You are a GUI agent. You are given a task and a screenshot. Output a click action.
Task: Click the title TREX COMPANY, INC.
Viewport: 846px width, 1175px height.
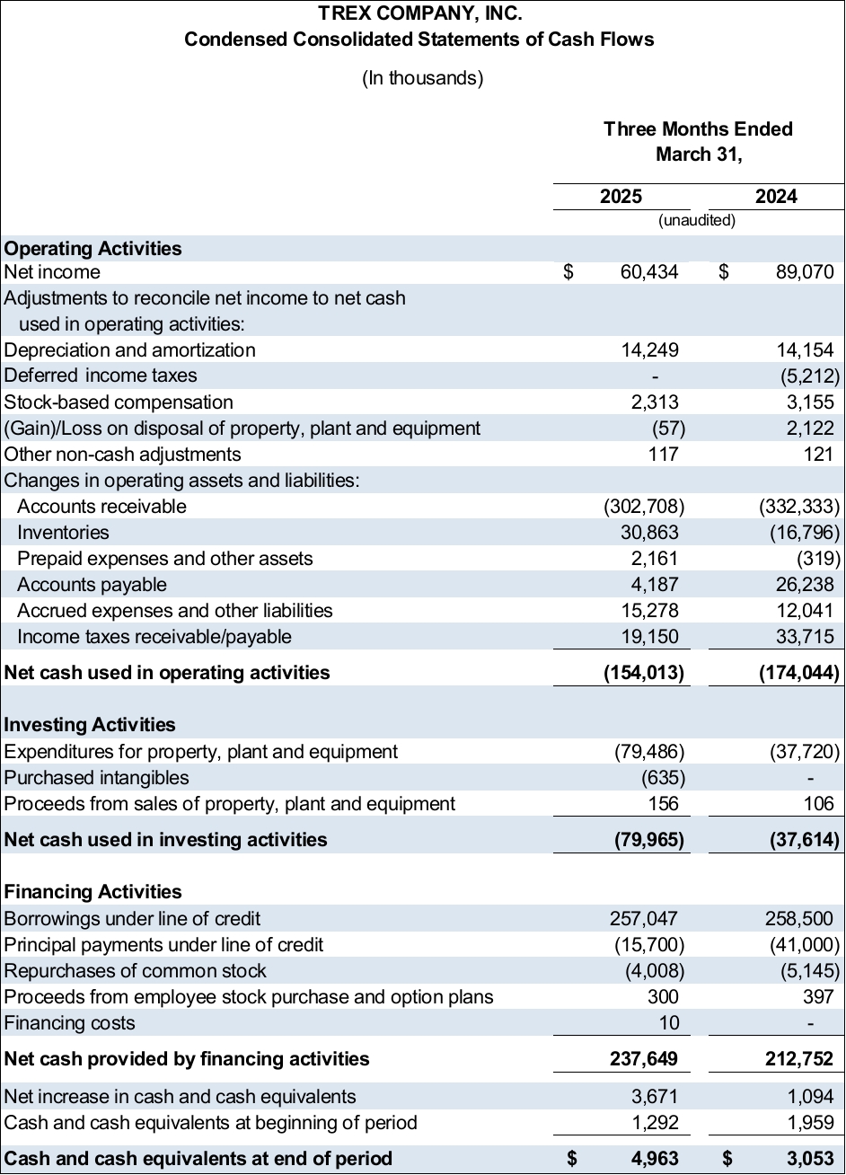[419, 13]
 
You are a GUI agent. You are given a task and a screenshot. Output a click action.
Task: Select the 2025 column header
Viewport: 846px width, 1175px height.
[621, 197]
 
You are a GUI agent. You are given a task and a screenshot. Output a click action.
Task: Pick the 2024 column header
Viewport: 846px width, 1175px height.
[776, 197]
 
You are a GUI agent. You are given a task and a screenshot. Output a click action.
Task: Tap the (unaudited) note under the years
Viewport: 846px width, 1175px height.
[697, 220]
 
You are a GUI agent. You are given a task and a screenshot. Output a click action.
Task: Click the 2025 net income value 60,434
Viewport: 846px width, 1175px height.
[649, 272]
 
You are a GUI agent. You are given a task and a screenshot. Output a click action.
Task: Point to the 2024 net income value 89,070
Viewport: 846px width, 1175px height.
[805, 272]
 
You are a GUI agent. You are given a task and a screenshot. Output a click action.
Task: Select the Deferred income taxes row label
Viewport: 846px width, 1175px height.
[101, 375]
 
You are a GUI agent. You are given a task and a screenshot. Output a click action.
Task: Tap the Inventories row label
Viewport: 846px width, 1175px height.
[63, 533]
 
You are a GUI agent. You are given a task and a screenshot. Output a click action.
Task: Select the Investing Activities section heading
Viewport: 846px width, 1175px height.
[90, 725]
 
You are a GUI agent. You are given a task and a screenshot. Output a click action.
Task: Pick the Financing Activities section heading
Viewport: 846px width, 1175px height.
[93, 892]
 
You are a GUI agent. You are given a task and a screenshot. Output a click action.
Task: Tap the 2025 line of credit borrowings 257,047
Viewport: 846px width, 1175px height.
[644, 918]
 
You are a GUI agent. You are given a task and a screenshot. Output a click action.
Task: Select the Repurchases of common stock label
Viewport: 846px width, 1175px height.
[136, 970]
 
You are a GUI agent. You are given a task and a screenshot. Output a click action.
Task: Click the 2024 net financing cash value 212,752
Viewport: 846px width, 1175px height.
[798, 1059]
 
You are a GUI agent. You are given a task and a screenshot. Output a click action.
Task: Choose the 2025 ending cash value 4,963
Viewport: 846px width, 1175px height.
[654, 1158]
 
